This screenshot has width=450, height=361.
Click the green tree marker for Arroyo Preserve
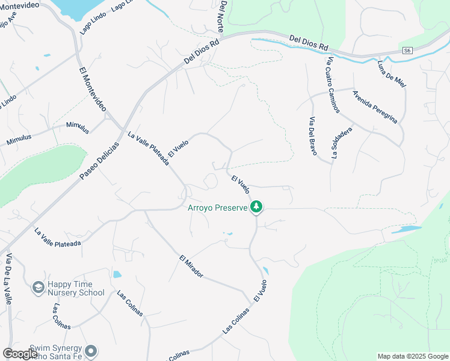257,207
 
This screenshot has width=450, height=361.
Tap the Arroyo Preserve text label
218,208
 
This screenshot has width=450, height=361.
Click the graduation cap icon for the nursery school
38,288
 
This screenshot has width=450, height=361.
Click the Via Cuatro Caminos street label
333,84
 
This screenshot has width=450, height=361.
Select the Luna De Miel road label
392,74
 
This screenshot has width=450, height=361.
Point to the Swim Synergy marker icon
91,350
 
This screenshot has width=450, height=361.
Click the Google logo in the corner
20,354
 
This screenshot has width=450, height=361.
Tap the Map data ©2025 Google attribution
412,356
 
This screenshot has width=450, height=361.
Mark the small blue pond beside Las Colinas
117,274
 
